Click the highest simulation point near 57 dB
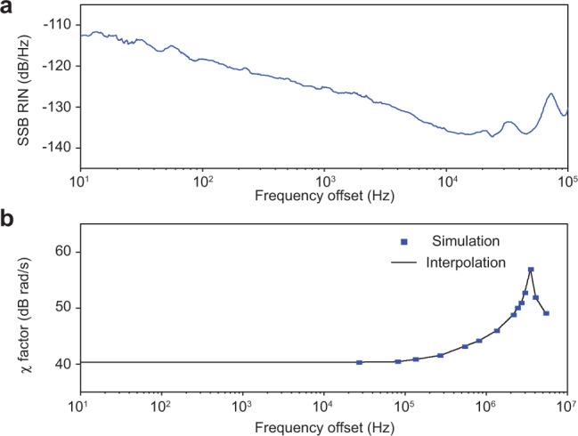click(x=531, y=270)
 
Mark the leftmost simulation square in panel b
click(x=359, y=362)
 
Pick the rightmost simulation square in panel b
click(x=546, y=313)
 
